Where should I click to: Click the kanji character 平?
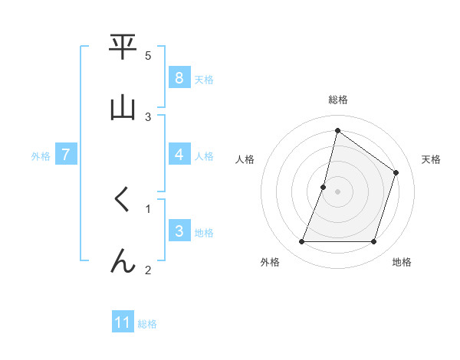pyautogui.click(x=123, y=47)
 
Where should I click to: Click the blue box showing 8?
pyautogui.click(x=179, y=78)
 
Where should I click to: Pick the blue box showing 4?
pyautogui.click(x=179, y=155)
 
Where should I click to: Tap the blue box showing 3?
pyautogui.click(x=179, y=231)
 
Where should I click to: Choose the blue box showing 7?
pyautogui.click(x=66, y=155)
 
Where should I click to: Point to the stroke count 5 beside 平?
pyautogui.click(x=148, y=56)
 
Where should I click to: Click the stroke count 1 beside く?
pyautogui.click(x=148, y=208)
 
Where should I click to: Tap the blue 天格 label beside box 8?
pyautogui.click(x=204, y=79)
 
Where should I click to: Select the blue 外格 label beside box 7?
pyautogui.click(x=41, y=155)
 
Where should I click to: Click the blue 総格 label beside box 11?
pyautogui.click(x=147, y=323)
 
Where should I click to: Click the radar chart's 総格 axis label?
pyautogui.click(x=337, y=100)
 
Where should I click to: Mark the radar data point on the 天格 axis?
pyautogui.click(x=396, y=172)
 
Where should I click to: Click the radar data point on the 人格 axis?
pyautogui.click(x=324, y=187)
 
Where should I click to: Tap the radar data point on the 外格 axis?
pyautogui.click(x=301, y=241)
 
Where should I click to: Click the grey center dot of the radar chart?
pyautogui.click(x=337, y=191)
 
